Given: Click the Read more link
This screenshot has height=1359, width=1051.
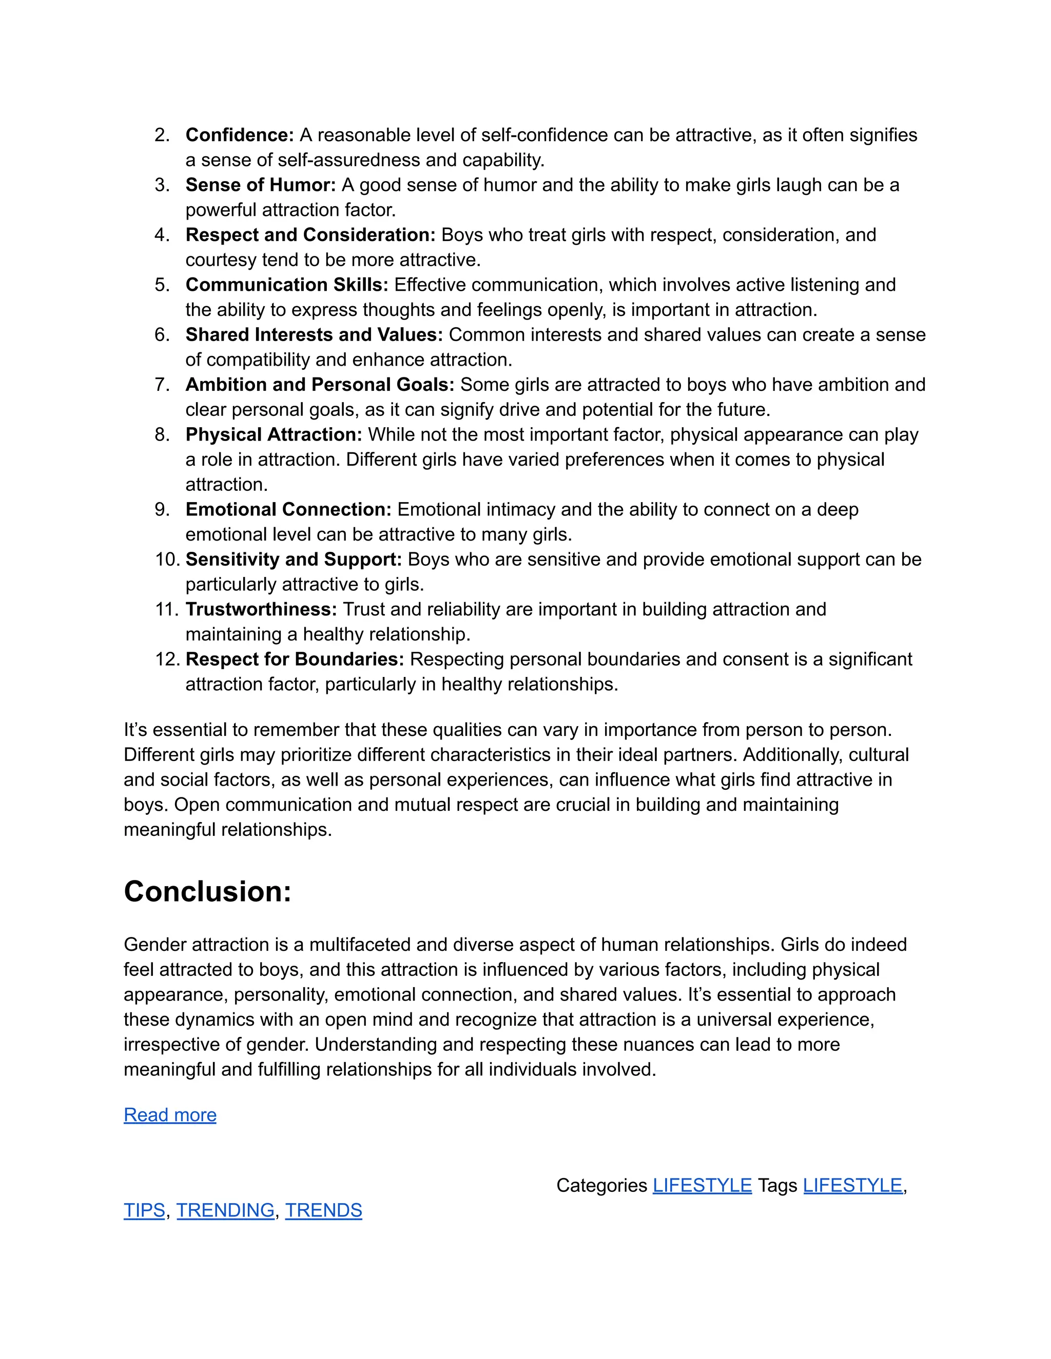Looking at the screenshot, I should click(170, 1115).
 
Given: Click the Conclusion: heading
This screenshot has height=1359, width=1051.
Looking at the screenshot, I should click(207, 892).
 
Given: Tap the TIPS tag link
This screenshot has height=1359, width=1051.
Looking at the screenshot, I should click(144, 1210).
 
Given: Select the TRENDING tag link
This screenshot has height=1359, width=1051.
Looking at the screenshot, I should click(225, 1210).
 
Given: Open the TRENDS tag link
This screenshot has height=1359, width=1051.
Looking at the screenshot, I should click(323, 1210).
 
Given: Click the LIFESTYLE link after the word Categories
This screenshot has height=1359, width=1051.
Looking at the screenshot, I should click(702, 1185).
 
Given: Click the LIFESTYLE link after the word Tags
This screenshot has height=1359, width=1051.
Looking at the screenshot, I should click(852, 1185).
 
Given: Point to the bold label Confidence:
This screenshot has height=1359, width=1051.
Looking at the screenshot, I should click(239, 135).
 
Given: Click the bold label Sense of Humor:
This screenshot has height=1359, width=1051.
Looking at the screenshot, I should click(260, 185).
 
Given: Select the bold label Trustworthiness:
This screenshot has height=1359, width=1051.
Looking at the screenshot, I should click(261, 609).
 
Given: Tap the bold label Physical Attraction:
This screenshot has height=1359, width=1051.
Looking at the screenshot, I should click(274, 434).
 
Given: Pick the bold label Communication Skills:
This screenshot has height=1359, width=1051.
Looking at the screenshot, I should click(286, 285).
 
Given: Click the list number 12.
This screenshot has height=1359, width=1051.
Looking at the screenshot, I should click(167, 659).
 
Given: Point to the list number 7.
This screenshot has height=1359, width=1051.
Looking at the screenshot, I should click(162, 385).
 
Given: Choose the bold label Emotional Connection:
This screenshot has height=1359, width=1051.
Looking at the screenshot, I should click(288, 510).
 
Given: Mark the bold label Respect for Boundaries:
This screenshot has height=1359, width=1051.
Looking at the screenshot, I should click(295, 659).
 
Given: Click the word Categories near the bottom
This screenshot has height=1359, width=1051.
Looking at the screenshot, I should click(601, 1185).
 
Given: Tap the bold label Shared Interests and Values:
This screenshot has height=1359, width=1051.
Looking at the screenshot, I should click(314, 335).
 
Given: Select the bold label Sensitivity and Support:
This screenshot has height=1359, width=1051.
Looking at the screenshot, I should click(293, 559).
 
